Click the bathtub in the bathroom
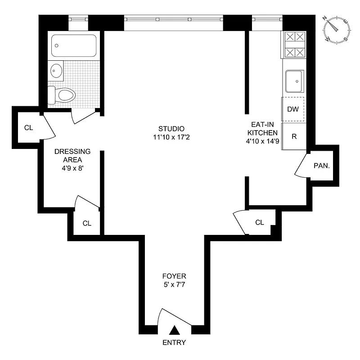[x=74, y=45]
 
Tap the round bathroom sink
[x=56, y=71]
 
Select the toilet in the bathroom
[x=63, y=95]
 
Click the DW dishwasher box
[x=293, y=109]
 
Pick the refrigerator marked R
[x=294, y=136]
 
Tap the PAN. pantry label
[x=322, y=166]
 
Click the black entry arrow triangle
[x=175, y=330]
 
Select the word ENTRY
[x=174, y=342]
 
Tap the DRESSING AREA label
[x=72, y=155]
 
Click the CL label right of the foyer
[x=259, y=222]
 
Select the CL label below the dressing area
[x=87, y=223]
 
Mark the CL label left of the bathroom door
[x=28, y=128]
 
